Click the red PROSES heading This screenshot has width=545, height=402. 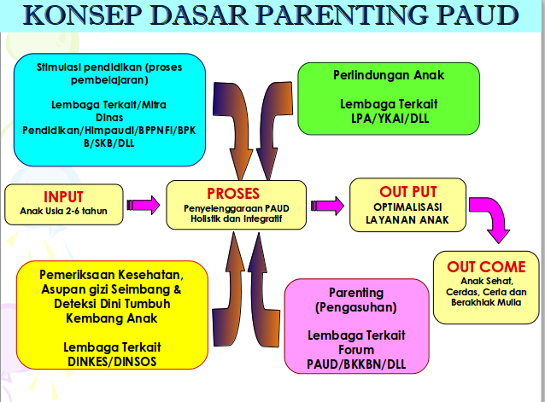coord(233,194)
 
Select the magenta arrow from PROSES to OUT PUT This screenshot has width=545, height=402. coord(327,205)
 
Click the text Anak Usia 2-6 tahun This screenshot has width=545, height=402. coord(58,211)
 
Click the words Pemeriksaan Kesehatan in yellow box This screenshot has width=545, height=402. coord(111,276)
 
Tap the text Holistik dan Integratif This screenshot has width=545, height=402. coord(235,218)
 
